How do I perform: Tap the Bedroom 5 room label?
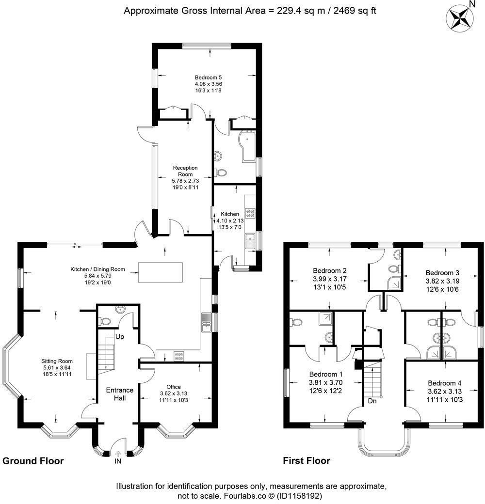pos(209,78)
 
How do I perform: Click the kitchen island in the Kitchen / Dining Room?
pos(161,272)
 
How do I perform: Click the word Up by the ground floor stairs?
pos(120,336)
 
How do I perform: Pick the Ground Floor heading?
pos(33,461)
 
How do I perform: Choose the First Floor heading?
pos(307,461)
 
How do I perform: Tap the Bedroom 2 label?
pos(329,270)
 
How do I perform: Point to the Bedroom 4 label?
pos(445,383)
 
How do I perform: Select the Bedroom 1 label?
pos(326,375)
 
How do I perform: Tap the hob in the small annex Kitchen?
pos(250,213)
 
